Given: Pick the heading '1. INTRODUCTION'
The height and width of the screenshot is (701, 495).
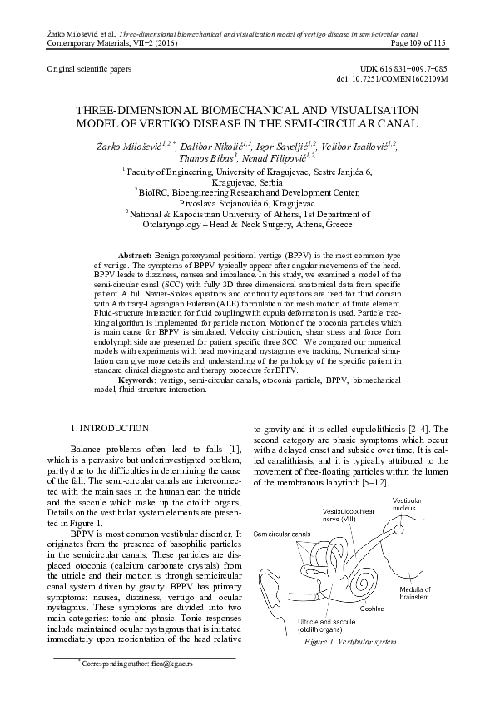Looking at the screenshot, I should pos(110,428).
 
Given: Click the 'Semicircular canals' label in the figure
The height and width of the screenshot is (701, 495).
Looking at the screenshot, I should pos(282,534).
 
